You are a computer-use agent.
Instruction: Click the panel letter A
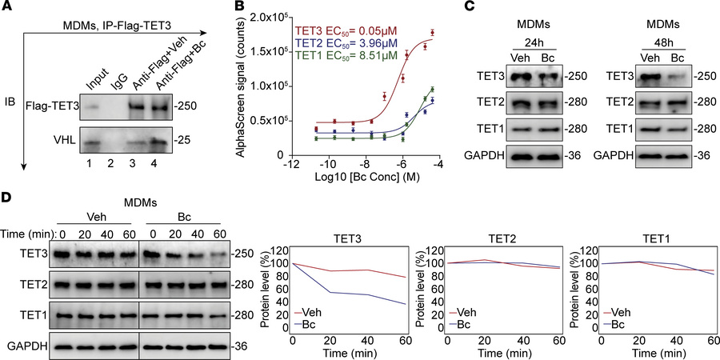[x=7, y=7]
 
